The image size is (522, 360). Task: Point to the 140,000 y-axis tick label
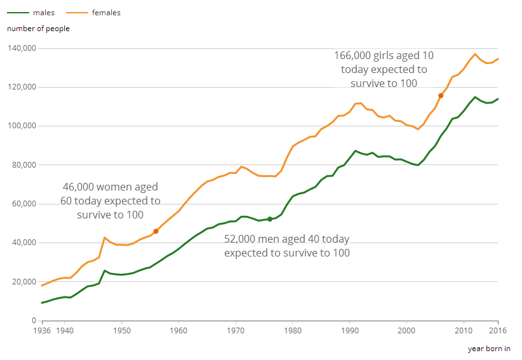point(22,48)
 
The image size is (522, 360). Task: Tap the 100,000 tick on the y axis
point(22,126)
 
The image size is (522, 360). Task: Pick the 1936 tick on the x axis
point(42,331)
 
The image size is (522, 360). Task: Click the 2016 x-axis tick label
point(497,331)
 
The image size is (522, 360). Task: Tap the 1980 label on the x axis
point(292,331)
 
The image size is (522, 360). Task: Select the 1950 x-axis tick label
point(122,331)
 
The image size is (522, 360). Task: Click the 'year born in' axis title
point(489,349)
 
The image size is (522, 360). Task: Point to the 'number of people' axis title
point(38,29)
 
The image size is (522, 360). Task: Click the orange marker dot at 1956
point(156,231)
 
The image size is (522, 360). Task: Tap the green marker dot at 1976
point(270,219)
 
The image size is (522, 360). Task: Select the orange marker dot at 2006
point(441,95)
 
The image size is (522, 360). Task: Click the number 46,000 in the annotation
point(79,187)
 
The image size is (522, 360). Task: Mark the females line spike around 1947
point(104,237)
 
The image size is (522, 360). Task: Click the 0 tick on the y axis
point(33,321)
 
